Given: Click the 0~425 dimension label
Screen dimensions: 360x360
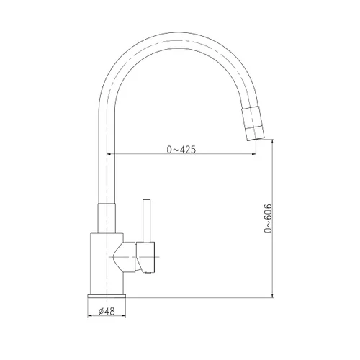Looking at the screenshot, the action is (181, 150).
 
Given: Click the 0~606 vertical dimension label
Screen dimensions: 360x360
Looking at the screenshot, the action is (268, 218).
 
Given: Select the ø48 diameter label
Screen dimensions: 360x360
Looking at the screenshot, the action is (107, 311).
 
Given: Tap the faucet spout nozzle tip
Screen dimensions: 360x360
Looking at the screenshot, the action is (256, 139).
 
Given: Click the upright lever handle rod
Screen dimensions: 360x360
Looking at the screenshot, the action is (146, 221).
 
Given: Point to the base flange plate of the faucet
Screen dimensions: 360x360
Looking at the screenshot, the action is (107, 296).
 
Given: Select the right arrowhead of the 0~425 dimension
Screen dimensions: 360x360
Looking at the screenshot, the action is (253, 154).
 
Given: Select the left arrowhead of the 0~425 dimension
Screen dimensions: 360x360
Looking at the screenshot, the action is (109, 154).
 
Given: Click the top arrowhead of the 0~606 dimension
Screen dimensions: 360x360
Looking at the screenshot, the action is (272, 142).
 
